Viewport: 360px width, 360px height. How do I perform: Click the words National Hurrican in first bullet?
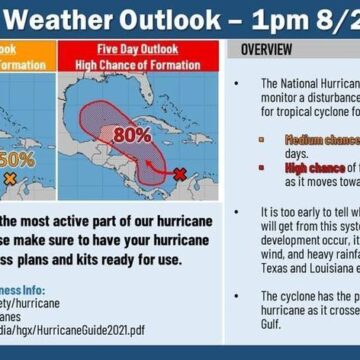point(318,84)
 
